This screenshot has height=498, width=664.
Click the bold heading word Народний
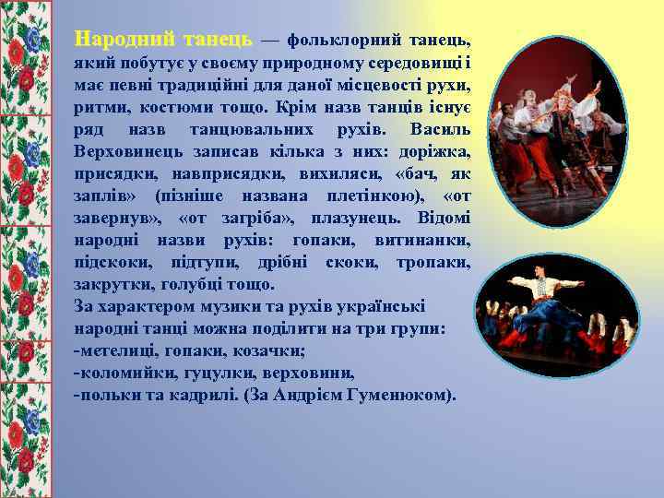tap(125, 40)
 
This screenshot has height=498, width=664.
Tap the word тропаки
tap(433, 262)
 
